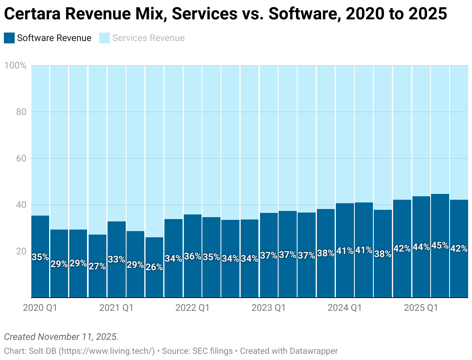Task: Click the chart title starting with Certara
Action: point(225,14)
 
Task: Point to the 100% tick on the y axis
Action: point(15,65)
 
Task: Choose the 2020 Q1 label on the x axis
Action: point(40,308)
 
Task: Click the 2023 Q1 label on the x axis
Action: point(268,308)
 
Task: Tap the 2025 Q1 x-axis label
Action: point(421,308)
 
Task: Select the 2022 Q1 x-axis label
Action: point(192,308)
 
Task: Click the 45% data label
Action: point(440,246)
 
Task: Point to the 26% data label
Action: point(154,267)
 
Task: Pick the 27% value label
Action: point(97,266)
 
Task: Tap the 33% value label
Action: point(116,259)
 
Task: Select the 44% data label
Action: point(421,247)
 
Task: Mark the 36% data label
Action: point(192,256)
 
